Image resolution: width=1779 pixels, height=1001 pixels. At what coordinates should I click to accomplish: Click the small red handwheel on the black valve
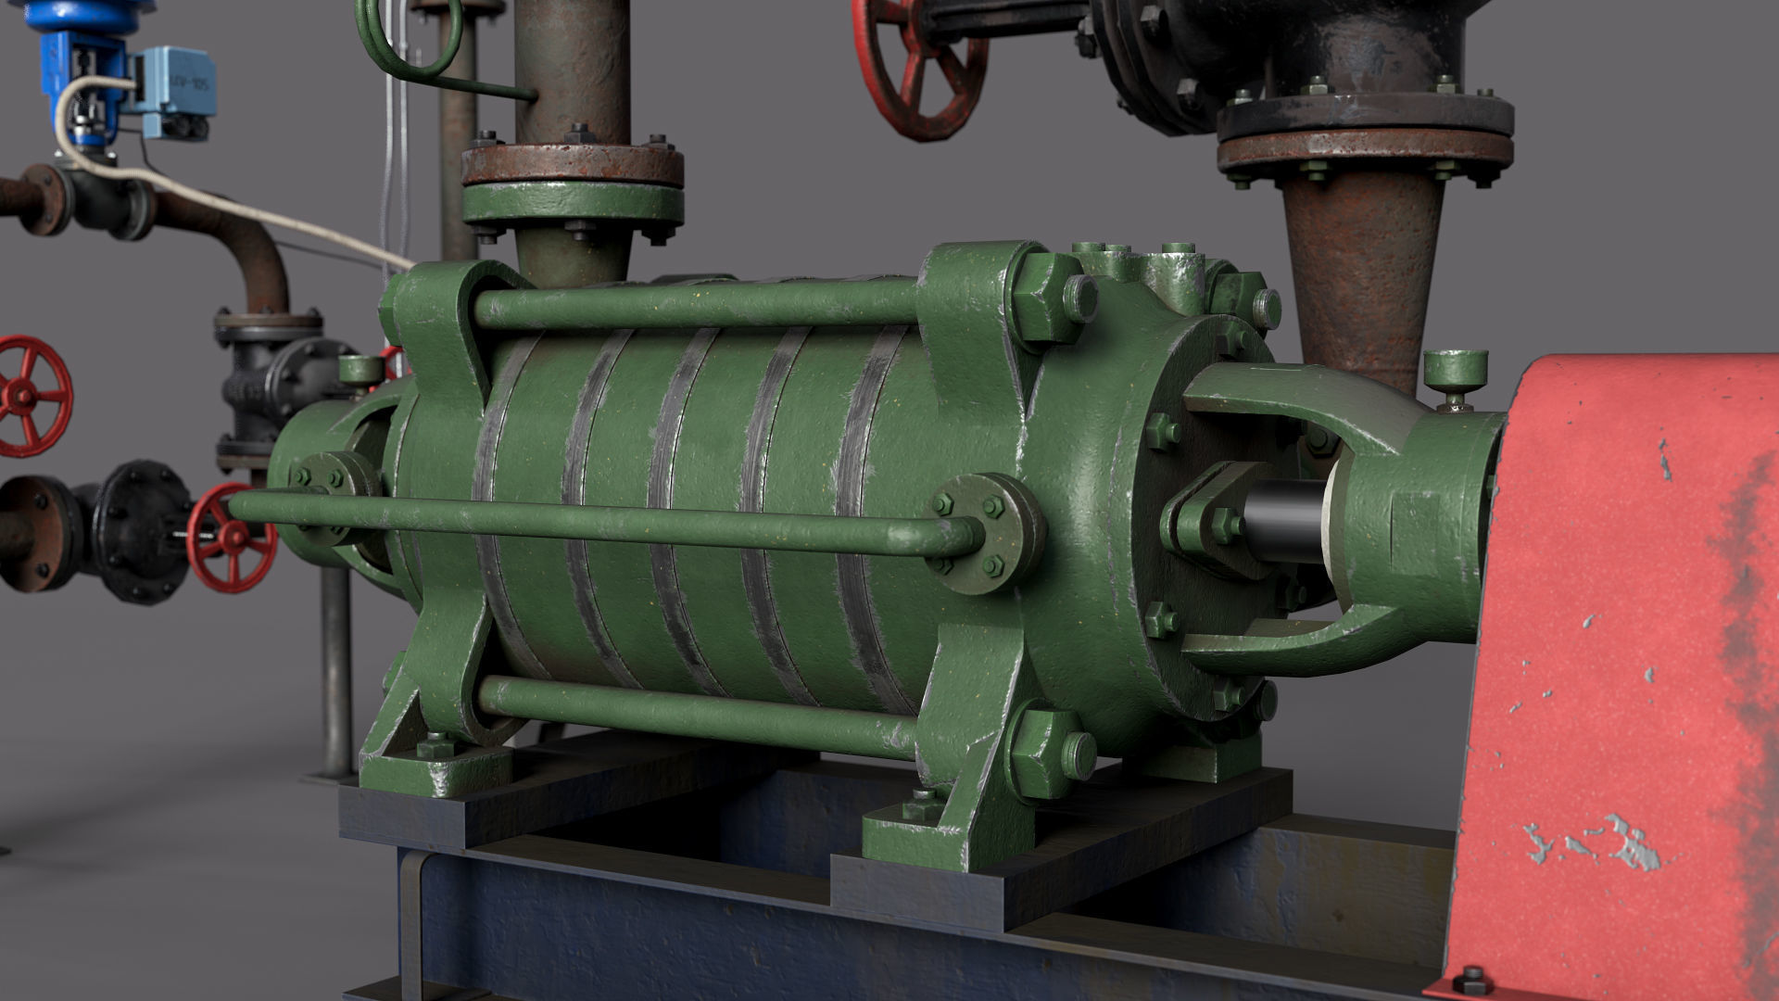[x=232, y=539]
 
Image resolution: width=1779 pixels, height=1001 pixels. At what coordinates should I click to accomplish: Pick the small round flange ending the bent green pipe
[x=986, y=534]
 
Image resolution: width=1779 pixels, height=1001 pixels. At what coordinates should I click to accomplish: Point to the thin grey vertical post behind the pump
[x=335, y=667]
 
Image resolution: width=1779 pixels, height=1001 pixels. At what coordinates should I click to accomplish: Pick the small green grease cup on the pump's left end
[x=360, y=370]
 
